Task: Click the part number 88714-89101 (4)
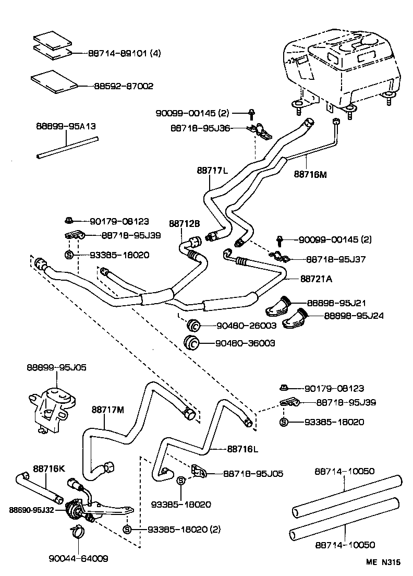click(123, 53)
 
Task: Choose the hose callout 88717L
click(213, 170)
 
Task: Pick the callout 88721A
click(316, 279)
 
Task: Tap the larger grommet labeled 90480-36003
click(192, 343)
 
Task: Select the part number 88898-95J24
click(354, 316)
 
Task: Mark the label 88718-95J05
click(253, 474)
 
